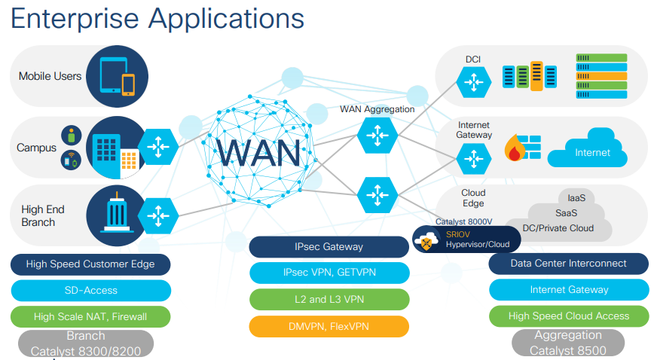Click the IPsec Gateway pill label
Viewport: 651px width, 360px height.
pyautogui.click(x=329, y=247)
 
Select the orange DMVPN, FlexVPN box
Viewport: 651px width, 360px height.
pyautogui.click(x=329, y=326)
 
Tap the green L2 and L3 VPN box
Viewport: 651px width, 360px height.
pyautogui.click(x=329, y=300)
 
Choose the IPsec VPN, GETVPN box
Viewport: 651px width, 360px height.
pyautogui.click(x=329, y=273)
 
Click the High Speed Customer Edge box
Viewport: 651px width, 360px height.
pyautogui.click(x=90, y=264)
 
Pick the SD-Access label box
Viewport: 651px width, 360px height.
pyautogui.click(x=90, y=291)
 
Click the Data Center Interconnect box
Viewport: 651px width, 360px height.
pyautogui.click(x=568, y=264)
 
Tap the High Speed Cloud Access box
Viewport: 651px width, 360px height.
pyautogui.click(x=568, y=316)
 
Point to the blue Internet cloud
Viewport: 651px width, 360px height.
pyautogui.click(x=592, y=151)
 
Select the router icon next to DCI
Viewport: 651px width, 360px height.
pyautogui.click(x=473, y=80)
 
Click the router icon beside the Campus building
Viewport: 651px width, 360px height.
pyautogui.click(x=159, y=148)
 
